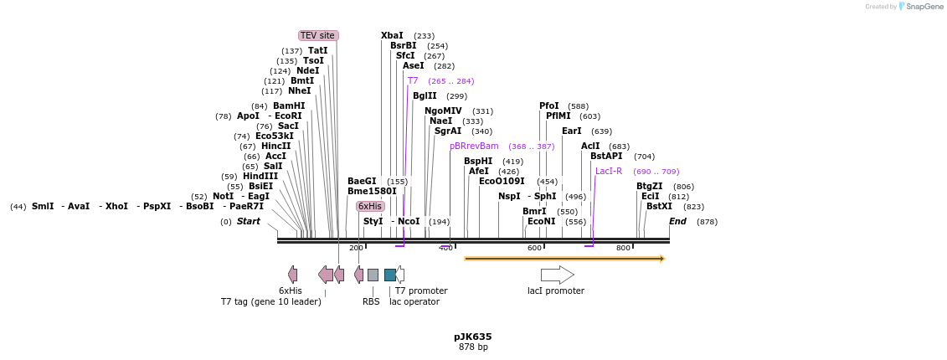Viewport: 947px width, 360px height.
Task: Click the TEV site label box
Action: (318, 35)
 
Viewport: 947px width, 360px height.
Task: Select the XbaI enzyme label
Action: (392, 35)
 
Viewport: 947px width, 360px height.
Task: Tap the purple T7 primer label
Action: (413, 81)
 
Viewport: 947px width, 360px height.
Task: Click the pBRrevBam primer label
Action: (474, 146)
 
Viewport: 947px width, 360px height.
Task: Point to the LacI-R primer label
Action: (609, 171)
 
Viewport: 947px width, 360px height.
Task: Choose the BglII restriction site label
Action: (425, 95)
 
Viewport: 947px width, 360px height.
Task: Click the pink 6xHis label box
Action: (369, 206)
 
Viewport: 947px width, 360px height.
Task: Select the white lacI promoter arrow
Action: (557, 275)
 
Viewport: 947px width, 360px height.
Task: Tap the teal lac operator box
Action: (390, 275)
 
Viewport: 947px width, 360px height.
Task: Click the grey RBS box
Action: (373, 275)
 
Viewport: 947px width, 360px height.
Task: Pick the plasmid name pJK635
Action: (473, 337)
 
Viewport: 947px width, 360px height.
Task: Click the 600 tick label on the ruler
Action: (534, 248)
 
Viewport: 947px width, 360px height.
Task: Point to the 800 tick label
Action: (623, 248)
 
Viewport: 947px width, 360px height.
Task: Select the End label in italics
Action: (677, 222)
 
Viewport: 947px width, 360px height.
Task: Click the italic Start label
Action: (249, 222)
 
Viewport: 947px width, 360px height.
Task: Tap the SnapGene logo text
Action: (924, 7)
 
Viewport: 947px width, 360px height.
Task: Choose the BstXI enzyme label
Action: (659, 206)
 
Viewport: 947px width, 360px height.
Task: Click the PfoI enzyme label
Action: (549, 105)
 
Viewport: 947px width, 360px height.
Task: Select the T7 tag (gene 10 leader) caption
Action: (270, 301)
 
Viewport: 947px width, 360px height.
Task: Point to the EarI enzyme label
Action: (571, 131)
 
